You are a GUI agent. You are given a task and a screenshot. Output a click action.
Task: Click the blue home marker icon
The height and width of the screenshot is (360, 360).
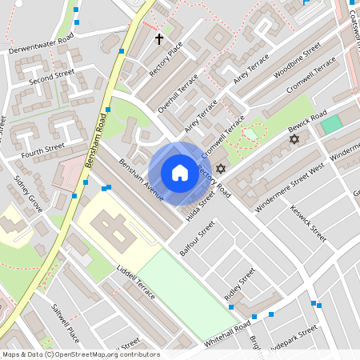tap(180, 173)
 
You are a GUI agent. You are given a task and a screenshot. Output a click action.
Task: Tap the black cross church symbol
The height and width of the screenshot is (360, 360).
tap(158, 38)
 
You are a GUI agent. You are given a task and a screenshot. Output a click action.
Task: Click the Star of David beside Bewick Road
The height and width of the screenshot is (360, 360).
tap(294, 140)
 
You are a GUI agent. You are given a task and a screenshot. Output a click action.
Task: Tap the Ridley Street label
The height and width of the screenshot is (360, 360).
tap(239, 284)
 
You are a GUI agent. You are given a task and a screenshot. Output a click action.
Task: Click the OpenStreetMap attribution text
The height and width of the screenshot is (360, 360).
tap(80, 354)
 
